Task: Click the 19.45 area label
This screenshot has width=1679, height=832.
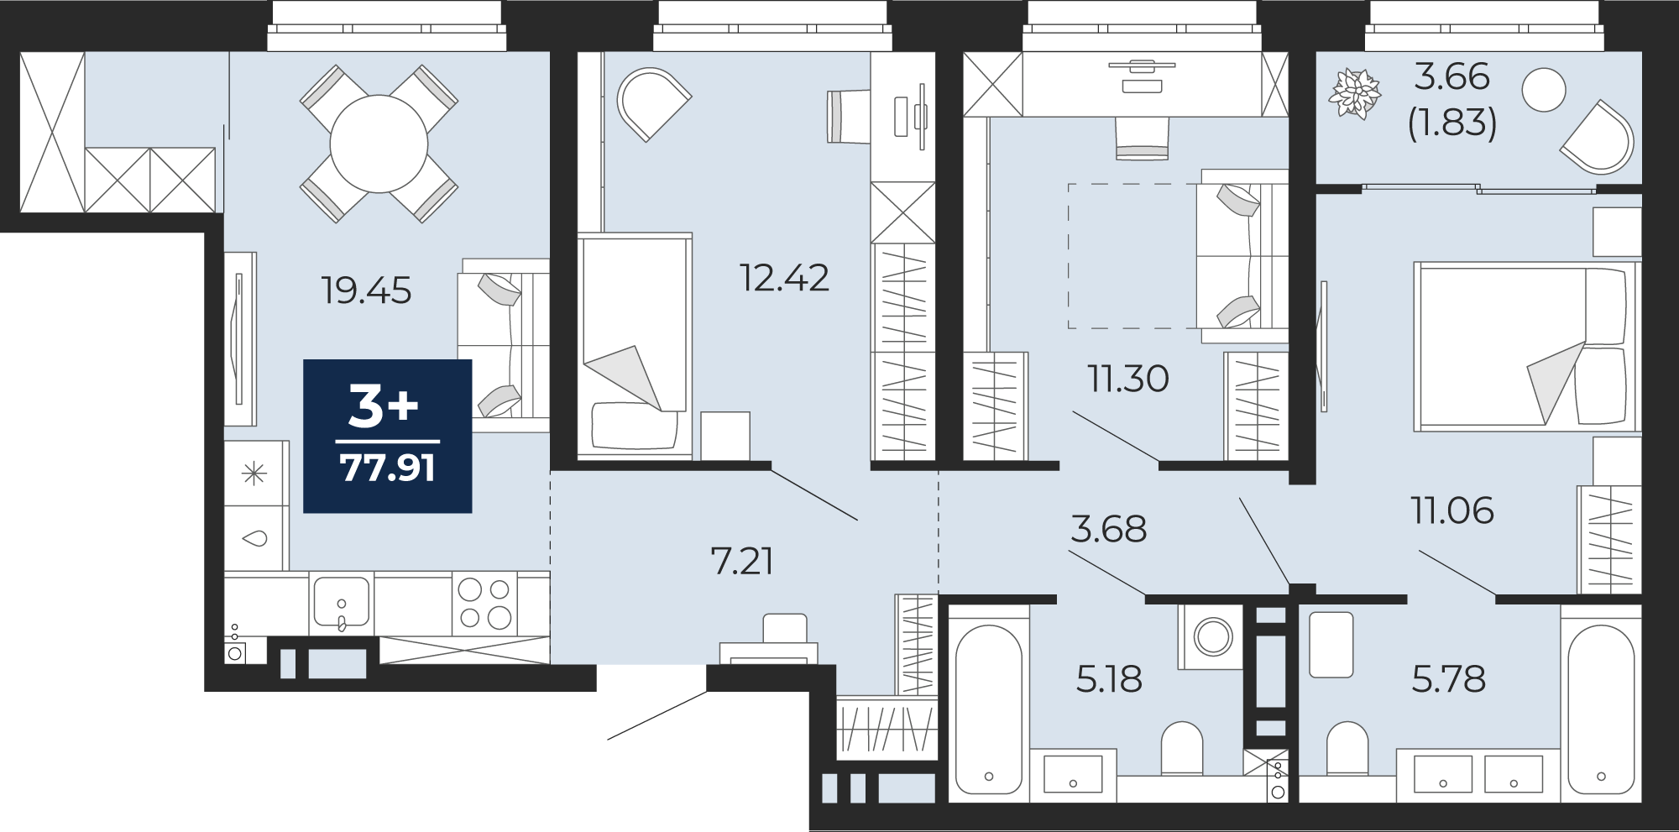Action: point(366,290)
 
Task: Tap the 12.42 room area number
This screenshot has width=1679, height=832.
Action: point(784,278)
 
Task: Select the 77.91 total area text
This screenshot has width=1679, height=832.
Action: point(387,468)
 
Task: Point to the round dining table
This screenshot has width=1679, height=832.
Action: point(379,144)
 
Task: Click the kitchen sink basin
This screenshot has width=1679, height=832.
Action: point(341,602)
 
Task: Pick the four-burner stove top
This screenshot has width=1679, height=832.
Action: point(484,604)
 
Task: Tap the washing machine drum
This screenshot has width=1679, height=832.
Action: point(1213,636)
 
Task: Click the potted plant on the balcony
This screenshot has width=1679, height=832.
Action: point(1354,93)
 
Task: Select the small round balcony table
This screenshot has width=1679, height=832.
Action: point(1543,89)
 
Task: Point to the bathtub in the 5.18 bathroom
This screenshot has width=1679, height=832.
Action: point(989,710)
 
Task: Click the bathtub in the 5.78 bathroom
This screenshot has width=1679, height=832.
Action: point(1601,710)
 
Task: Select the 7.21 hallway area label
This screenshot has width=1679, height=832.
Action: point(742,561)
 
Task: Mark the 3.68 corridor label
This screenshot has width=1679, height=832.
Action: point(1108,529)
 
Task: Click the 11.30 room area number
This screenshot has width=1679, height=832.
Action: point(1128,379)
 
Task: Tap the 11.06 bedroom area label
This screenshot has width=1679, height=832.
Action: point(1452,510)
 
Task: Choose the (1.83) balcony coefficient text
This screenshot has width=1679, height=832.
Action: point(1452,123)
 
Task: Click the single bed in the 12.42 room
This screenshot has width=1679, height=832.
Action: point(636,347)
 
